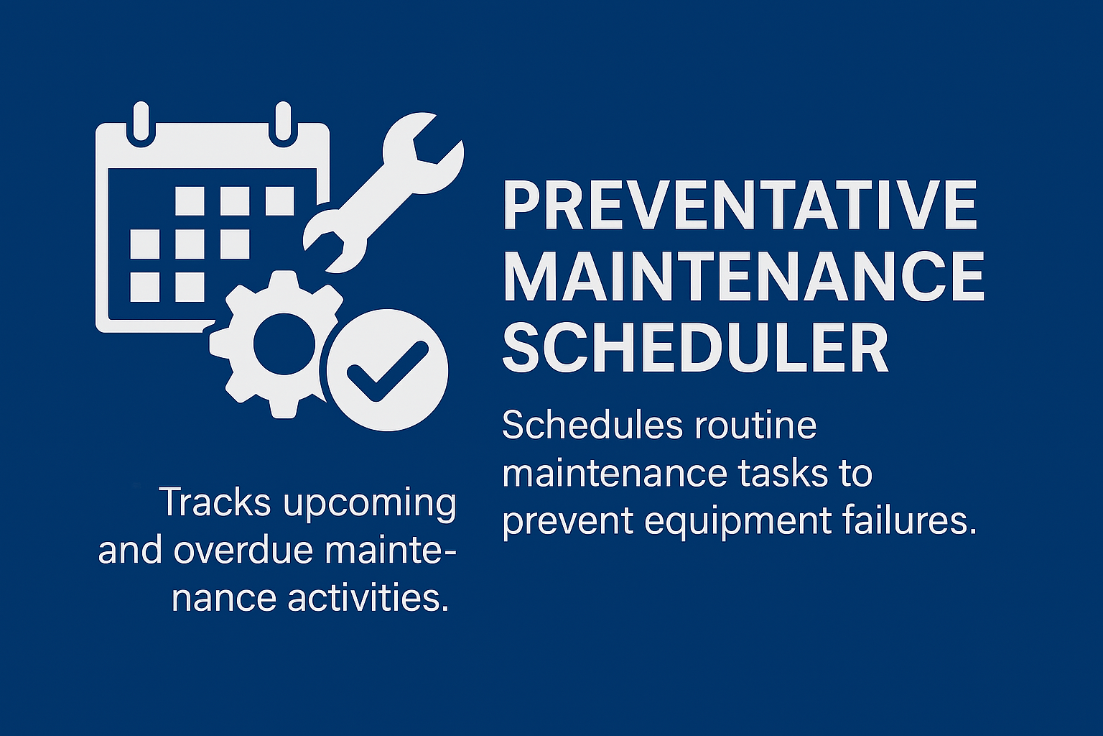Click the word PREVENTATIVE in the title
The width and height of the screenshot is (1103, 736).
click(x=740, y=205)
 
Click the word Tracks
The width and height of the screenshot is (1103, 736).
click(x=215, y=502)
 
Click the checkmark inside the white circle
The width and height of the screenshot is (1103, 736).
click(x=387, y=371)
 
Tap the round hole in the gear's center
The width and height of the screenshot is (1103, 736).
click(x=284, y=344)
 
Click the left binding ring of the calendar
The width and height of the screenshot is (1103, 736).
click(x=141, y=124)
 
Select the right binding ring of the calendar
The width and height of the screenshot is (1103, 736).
click(x=283, y=124)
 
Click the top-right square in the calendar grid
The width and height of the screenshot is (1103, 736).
click(x=279, y=201)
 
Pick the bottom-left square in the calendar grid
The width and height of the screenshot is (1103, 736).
click(x=145, y=287)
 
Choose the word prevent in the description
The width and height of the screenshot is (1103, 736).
click(x=567, y=523)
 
